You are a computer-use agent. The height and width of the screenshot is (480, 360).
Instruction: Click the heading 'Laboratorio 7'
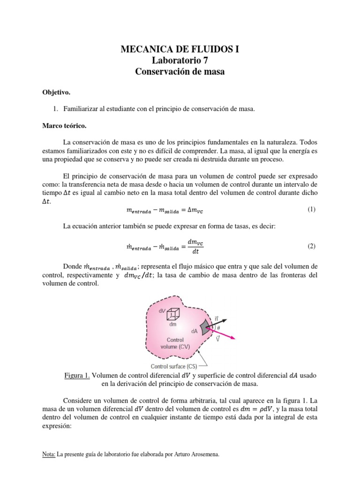point(180,60)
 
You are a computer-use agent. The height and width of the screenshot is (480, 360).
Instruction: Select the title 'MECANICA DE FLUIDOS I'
point(180,49)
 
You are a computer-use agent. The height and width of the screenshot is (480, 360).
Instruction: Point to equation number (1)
point(312,210)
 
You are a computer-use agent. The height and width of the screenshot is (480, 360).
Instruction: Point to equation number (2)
point(312,246)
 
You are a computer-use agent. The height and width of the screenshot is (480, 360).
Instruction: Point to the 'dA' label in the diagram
point(194,331)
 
